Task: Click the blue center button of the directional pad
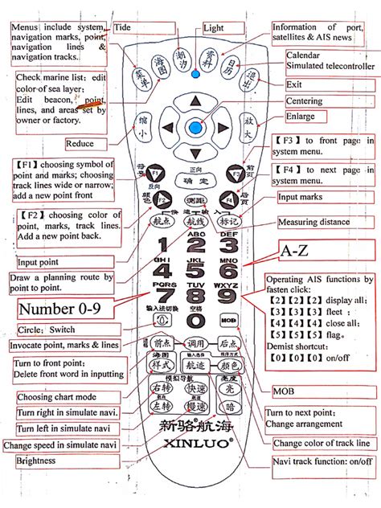195,126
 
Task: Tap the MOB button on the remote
227,319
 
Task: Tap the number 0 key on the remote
194,320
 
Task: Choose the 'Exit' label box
294,84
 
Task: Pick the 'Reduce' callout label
80,143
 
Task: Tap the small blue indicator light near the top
195,74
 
